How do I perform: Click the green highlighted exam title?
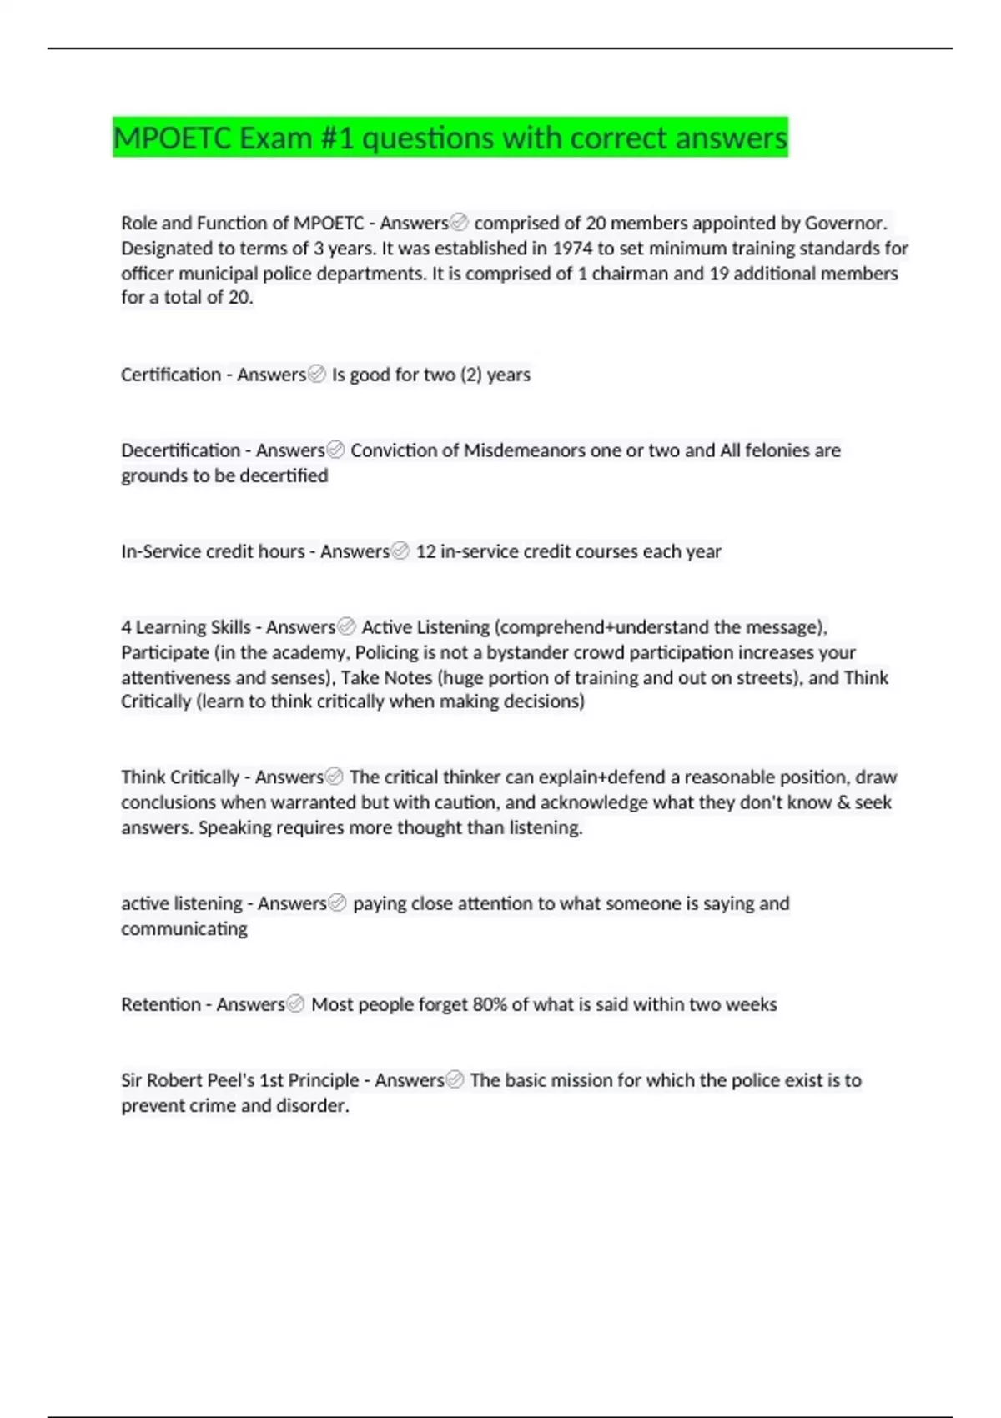(x=450, y=138)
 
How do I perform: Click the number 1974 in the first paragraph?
(x=572, y=249)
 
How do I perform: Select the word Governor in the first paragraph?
(x=844, y=224)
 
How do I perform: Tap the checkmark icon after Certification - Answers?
(x=317, y=375)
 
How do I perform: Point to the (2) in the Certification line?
(x=470, y=375)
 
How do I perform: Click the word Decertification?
(x=180, y=450)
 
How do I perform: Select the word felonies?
(x=777, y=450)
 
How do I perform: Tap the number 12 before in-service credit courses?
(x=425, y=551)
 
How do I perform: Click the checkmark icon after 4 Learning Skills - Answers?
(x=346, y=627)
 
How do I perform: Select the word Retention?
(x=161, y=1004)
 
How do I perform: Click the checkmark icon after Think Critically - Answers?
(x=335, y=777)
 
